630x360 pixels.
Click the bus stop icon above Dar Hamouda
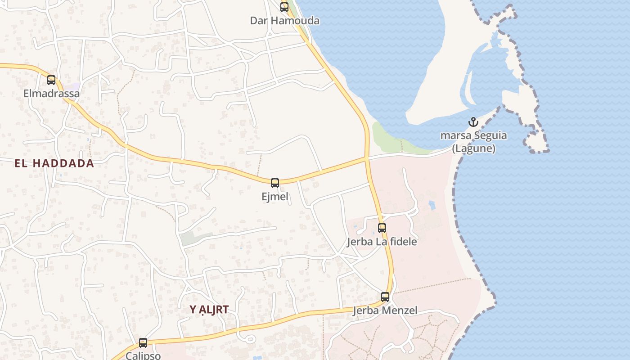(284, 7)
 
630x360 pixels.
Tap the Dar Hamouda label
(284, 21)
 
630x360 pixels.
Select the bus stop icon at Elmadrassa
(51, 80)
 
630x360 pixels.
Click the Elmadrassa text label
(51, 94)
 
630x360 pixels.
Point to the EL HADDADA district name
(54, 163)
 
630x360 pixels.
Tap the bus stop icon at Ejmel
(275, 183)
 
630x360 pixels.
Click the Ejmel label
(275, 197)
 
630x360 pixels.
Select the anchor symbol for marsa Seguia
(473, 122)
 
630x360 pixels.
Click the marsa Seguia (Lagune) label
(473, 142)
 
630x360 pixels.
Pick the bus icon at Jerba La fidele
(382, 228)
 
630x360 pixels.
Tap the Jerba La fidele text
(382, 242)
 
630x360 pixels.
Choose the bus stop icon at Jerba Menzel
(385, 297)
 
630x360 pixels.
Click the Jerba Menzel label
(385, 310)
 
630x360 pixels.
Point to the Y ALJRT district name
(209, 310)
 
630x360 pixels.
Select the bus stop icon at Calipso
(143, 343)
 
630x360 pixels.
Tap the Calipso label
(143, 355)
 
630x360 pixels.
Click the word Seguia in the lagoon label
(490, 135)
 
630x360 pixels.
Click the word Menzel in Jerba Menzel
(400, 310)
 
